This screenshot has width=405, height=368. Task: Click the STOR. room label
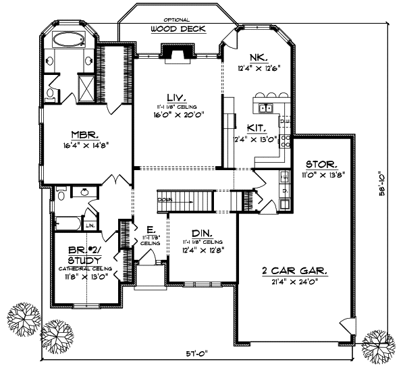click(x=318, y=164)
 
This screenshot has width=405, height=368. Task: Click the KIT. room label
click(x=254, y=127)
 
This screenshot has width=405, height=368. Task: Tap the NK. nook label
click(x=259, y=57)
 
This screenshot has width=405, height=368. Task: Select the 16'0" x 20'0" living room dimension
click(x=178, y=114)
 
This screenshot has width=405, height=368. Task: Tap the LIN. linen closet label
click(x=90, y=224)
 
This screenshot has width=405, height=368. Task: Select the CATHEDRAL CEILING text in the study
click(x=85, y=267)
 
